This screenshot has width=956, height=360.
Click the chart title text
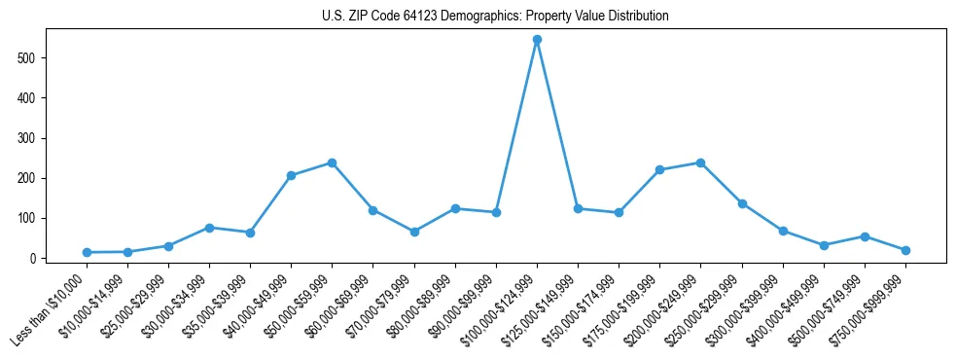(x=495, y=17)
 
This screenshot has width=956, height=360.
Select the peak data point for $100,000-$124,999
(x=537, y=40)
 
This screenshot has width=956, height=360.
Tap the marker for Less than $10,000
(x=87, y=252)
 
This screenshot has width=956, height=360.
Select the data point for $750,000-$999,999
(x=905, y=250)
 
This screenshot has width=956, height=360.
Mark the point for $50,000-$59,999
(x=332, y=162)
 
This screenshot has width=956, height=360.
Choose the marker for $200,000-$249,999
(x=700, y=162)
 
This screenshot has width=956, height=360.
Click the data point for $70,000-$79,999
(x=414, y=232)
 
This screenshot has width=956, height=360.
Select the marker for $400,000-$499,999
(x=824, y=245)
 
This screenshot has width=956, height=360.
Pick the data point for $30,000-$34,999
(x=209, y=228)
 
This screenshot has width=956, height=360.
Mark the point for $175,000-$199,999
(x=659, y=169)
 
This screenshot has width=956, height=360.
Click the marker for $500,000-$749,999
(x=865, y=236)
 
